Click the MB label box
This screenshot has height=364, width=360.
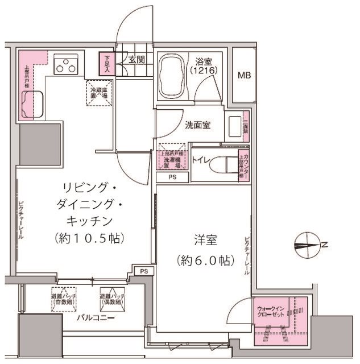click(x=244, y=75)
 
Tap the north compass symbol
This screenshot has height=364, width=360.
click(x=309, y=245)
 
